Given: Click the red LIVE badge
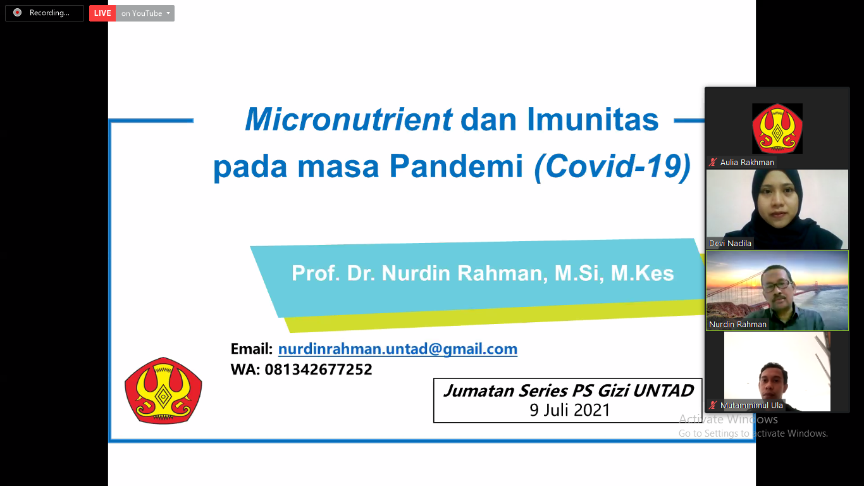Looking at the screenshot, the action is [102, 13].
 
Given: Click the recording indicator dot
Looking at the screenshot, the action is [17, 13].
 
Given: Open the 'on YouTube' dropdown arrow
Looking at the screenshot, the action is [168, 13].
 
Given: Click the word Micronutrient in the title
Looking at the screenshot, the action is [349, 119].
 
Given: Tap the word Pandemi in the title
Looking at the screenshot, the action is [456, 166].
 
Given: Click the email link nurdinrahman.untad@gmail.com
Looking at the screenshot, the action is [398, 349].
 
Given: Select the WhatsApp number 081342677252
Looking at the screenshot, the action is [318, 370].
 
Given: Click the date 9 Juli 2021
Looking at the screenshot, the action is [569, 410].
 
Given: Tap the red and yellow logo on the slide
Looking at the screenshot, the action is [163, 390].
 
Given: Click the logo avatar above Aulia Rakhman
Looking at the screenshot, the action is [777, 128].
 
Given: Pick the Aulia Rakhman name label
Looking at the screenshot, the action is [747, 163].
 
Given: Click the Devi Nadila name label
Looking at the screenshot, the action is [730, 244].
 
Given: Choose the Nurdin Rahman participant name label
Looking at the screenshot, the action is [737, 325].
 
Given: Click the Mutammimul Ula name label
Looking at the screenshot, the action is [751, 406].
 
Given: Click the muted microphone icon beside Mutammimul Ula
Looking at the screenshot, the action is [712, 406].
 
